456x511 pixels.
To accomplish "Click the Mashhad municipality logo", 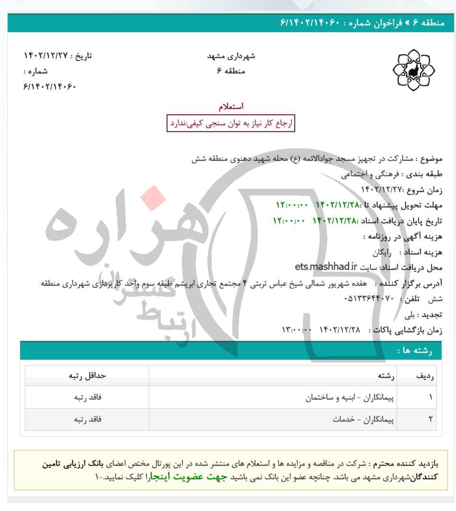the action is (413, 71).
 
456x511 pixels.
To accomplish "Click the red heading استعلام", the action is (231, 106).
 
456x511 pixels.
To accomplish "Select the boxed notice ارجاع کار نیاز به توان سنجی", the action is (230, 123).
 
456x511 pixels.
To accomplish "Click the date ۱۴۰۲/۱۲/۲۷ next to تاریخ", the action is (46, 56).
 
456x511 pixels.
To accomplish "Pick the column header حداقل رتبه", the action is (87, 376).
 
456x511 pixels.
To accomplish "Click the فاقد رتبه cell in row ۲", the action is (87, 419).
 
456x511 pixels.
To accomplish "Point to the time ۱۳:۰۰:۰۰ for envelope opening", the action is (297, 330).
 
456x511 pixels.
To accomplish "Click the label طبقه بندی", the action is (424, 174).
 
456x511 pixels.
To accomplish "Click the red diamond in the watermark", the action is (153, 198).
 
